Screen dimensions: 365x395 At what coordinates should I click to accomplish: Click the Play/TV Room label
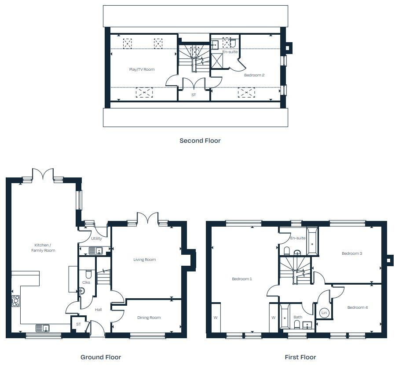(x=142, y=69)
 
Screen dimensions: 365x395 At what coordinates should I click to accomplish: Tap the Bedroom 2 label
(x=254, y=75)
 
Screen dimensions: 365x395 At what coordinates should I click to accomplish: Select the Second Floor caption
(x=200, y=141)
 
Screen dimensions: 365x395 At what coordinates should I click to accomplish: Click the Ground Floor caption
(x=100, y=357)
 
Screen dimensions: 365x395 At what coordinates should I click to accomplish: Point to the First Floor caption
(x=300, y=357)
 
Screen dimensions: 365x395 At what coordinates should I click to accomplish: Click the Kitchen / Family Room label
(x=43, y=248)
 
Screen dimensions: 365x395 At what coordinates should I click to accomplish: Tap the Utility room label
(x=96, y=239)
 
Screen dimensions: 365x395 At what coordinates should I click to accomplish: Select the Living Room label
(x=145, y=260)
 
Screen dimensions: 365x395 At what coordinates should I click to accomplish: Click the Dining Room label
(x=149, y=318)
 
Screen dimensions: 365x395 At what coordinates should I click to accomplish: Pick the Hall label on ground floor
(x=99, y=310)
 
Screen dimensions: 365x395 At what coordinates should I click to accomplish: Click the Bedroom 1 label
(x=242, y=279)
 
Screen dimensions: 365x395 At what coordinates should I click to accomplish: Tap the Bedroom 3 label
(x=352, y=253)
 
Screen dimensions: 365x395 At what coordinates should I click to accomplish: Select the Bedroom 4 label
(x=357, y=307)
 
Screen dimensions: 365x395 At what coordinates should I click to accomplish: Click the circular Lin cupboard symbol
(x=325, y=313)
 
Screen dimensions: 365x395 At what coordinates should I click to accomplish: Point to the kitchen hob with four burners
(x=15, y=301)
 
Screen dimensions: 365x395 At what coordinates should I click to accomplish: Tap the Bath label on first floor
(x=298, y=317)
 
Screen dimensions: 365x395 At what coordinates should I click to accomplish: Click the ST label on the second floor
(x=194, y=94)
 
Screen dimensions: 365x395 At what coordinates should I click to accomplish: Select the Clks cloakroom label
(x=86, y=282)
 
